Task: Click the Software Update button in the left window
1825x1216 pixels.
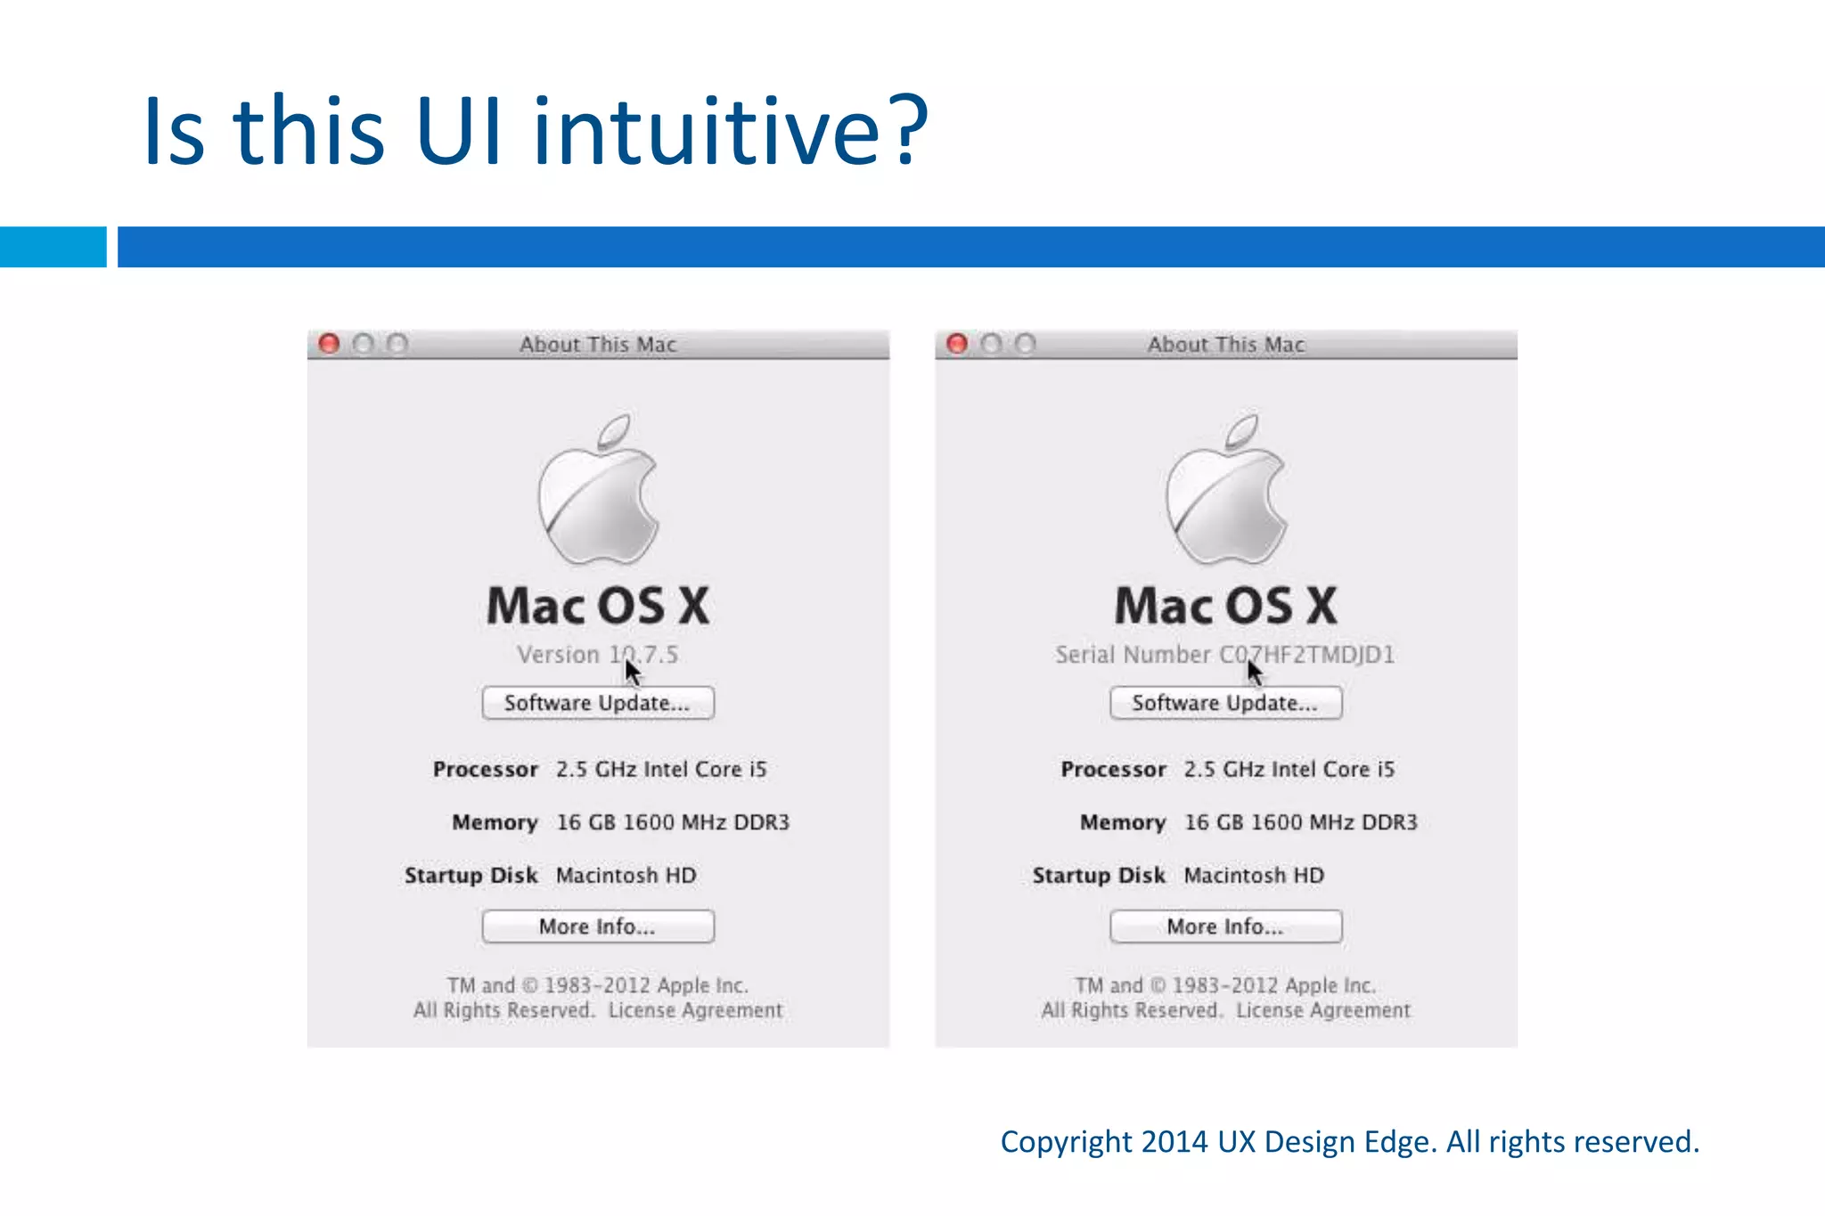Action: pos(598,703)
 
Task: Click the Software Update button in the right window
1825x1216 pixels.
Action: pos(1225,703)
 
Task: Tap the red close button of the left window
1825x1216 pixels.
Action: pos(329,344)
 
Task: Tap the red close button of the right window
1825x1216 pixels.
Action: pos(957,344)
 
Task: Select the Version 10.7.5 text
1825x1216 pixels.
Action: pos(597,655)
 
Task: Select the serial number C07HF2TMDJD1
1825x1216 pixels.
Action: pos(1306,655)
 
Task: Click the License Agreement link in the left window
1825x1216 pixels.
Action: pos(695,1010)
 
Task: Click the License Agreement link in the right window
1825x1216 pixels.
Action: pos(1323,1010)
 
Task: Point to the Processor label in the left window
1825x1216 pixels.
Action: pos(486,770)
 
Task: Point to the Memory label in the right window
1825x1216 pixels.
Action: pos(1123,822)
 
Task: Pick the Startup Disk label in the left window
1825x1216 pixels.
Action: pos(471,876)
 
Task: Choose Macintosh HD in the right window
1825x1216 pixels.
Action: pos(1254,876)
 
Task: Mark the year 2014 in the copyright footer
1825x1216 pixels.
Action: pos(1174,1142)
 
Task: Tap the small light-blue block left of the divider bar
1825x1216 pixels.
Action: pos(53,247)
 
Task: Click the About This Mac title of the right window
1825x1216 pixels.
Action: pos(1225,345)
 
